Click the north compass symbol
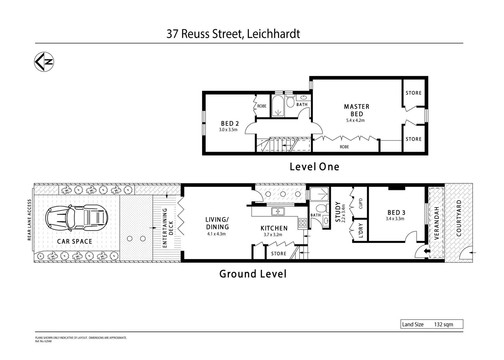[x=44, y=62]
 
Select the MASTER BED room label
[x=356, y=110]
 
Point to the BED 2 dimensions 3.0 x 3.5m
[x=228, y=130]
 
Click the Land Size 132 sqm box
[x=432, y=324]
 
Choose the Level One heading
[x=314, y=167]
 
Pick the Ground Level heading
[x=253, y=274]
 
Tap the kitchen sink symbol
[x=277, y=211]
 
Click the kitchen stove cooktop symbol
[x=302, y=223]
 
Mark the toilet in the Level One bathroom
[x=290, y=102]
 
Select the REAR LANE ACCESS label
[x=29, y=220]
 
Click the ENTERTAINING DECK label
[x=168, y=228]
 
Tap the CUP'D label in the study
[x=361, y=203]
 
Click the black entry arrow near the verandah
[x=426, y=251]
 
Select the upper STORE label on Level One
[x=413, y=93]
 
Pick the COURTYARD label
[x=459, y=218]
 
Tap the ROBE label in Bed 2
[x=262, y=106]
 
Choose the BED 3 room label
[x=396, y=212]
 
